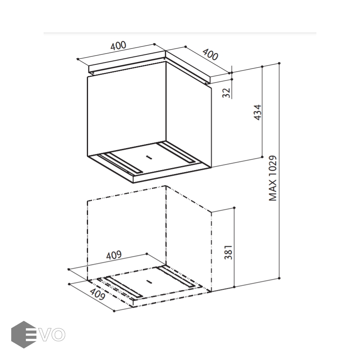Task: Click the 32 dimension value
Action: click(x=226, y=93)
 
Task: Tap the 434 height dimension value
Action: click(x=258, y=112)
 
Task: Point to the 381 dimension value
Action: click(x=228, y=252)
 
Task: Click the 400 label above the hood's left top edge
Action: click(x=118, y=46)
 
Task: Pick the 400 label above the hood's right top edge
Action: click(x=210, y=55)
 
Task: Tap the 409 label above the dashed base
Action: click(x=114, y=255)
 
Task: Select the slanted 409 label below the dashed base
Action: click(x=97, y=294)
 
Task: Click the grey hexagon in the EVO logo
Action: click(x=24, y=334)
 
